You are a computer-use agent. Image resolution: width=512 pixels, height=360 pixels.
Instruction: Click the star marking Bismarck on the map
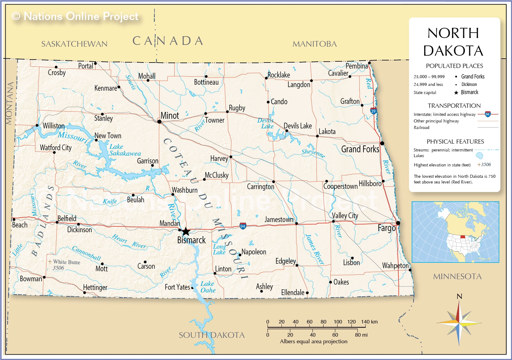[186, 231]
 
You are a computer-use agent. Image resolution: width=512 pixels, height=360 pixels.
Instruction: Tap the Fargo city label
[387, 228]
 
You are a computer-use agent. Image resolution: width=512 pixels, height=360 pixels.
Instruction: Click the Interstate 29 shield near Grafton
[373, 111]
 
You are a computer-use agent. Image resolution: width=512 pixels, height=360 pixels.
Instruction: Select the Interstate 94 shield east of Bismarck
[243, 226]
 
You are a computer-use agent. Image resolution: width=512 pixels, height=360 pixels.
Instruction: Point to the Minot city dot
[159, 121]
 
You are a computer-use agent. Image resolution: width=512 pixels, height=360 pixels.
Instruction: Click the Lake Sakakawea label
[125, 150]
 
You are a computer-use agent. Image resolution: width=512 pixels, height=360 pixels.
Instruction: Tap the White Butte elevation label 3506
[58, 268]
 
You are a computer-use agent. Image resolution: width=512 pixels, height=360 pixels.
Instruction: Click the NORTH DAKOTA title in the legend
[453, 42]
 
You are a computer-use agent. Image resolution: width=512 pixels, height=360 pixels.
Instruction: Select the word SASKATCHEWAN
[74, 44]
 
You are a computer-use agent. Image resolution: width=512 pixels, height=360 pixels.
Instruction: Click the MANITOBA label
[314, 44]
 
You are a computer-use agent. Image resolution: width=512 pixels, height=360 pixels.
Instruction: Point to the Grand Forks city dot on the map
[382, 143]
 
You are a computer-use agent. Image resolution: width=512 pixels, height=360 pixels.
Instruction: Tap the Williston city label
[54, 126]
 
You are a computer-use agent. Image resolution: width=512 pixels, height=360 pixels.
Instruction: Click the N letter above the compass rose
[459, 296]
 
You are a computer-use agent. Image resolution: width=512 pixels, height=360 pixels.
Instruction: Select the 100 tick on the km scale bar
[338, 322]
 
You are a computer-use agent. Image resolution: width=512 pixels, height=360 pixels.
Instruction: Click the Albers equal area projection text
[313, 341]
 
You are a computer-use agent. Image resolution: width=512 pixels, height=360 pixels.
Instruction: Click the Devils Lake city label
[298, 126]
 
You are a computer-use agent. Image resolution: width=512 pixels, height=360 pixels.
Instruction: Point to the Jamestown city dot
[296, 223]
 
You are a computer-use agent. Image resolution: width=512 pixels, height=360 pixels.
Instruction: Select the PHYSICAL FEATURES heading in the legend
[455, 142]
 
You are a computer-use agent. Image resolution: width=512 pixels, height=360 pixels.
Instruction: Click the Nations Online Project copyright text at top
[75, 16]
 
